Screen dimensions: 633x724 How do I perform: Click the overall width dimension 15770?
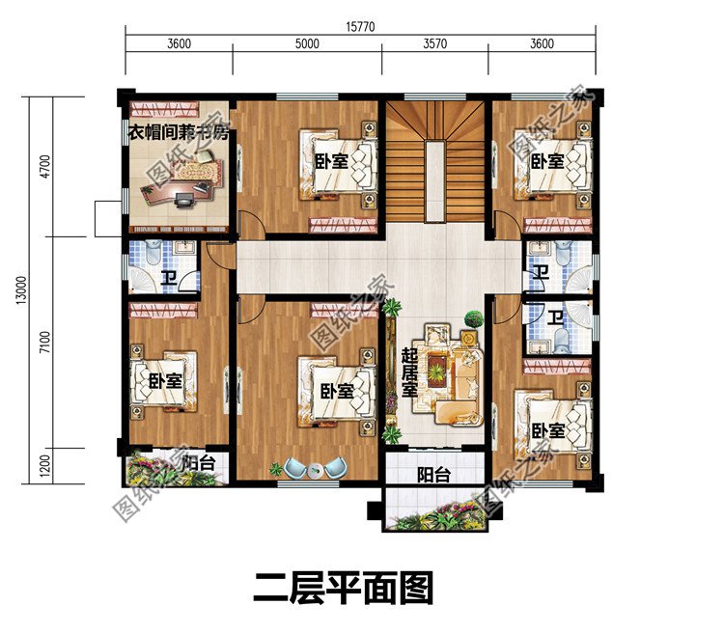(362, 26)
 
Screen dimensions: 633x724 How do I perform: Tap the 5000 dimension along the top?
(307, 43)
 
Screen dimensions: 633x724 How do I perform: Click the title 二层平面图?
(343, 588)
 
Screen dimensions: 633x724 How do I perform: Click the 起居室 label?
(409, 372)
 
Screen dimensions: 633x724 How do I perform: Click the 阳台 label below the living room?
(432, 475)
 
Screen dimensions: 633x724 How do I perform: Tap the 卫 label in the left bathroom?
(168, 280)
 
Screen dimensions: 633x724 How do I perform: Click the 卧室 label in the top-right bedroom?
(547, 161)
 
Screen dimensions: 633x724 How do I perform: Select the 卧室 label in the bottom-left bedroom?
(165, 381)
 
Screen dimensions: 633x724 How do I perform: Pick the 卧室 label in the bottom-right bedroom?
(547, 430)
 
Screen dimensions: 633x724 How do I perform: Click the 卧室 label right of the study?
(332, 161)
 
